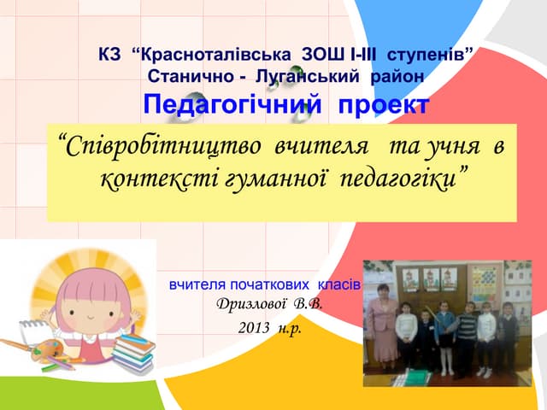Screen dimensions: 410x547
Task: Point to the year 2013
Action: coord(256,328)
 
